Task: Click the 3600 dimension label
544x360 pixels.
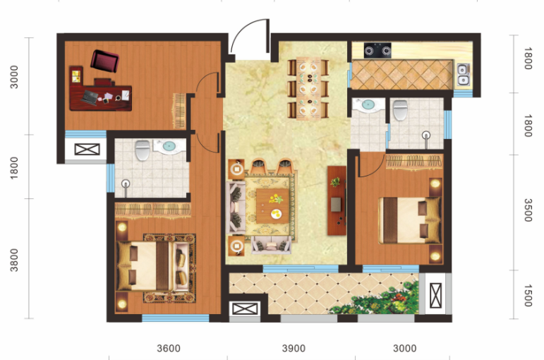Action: pos(169,348)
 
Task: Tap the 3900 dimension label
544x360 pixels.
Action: pos(294,348)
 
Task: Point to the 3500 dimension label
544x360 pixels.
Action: pos(527,210)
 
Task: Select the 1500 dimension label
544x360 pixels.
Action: pos(527,296)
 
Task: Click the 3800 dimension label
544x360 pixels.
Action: pos(14,260)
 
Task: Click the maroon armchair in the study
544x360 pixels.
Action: pos(104,61)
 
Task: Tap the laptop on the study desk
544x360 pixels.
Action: pos(90,97)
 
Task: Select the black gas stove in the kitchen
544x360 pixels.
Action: pos(377,51)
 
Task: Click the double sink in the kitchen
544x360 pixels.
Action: pos(463,74)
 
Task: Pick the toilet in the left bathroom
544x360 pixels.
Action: pos(143,150)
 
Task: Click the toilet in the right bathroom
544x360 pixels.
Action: pos(400,110)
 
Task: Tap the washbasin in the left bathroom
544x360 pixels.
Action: pos(169,146)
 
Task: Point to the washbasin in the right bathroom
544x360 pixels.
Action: pos(368,104)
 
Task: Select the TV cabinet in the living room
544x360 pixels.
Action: pos(337,200)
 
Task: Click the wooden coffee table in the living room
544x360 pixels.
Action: pos(272,206)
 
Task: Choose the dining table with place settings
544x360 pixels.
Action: pos(308,88)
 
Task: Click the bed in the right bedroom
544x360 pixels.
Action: pos(410,220)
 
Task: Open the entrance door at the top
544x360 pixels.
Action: pos(250,37)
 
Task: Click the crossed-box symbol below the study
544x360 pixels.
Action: pos(87,150)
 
